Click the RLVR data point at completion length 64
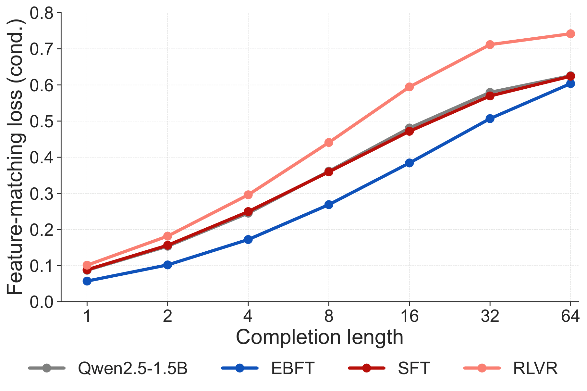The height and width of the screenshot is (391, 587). [570, 34]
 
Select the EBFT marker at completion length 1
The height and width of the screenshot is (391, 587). [87, 281]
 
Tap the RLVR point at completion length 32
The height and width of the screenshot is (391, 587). [490, 44]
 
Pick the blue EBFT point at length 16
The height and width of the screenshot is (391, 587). [409, 163]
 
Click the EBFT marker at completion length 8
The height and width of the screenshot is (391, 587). [329, 205]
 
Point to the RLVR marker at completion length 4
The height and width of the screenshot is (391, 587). [248, 195]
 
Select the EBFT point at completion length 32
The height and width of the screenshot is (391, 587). [490, 119]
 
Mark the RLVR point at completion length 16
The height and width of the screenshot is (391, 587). [409, 87]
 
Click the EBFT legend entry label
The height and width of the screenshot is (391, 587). [292, 368]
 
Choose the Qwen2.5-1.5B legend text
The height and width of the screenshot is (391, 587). [133, 368]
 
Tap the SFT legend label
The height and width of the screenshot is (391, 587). [414, 368]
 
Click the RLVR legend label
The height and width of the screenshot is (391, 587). [535, 368]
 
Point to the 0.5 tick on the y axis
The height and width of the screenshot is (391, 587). [43, 121]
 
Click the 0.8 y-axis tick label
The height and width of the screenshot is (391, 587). [43, 13]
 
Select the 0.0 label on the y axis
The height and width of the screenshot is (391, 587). [43, 302]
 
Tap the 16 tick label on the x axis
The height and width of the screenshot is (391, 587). [409, 316]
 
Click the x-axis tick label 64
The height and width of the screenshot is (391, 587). [570, 316]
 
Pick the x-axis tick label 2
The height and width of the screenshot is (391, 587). [167, 316]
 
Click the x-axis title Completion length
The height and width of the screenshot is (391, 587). [319, 338]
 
